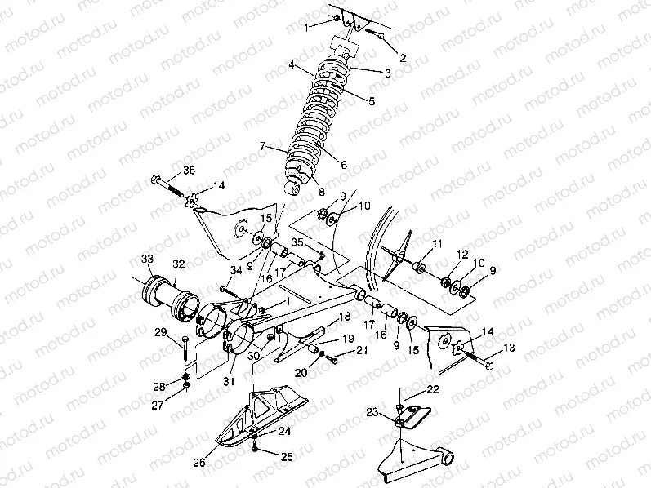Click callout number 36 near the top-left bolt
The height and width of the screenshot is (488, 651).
(189, 170)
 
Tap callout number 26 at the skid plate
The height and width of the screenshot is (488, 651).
(199, 463)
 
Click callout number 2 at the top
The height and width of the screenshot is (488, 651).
(402, 57)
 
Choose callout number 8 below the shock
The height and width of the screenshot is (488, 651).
(320, 193)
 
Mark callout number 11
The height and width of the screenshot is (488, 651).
(437, 244)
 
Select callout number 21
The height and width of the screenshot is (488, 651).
(362, 350)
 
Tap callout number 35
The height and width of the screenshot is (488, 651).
(298, 242)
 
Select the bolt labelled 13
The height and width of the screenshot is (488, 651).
(478, 361)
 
